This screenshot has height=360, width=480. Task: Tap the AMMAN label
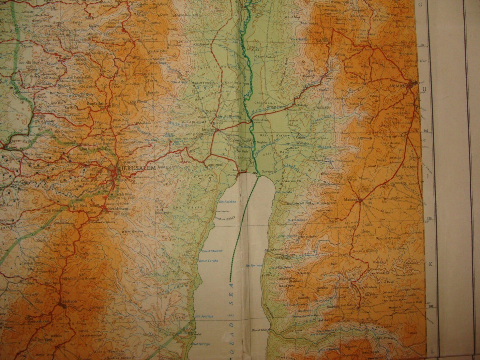click(397, 86)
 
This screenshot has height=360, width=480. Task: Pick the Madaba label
click(352, 200)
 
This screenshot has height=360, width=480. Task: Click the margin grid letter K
click(430, 264)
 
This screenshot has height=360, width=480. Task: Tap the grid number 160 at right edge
click(422, 45)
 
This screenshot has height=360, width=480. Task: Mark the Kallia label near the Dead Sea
click(232, 174)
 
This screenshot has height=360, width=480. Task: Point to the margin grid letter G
click(420, 4)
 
